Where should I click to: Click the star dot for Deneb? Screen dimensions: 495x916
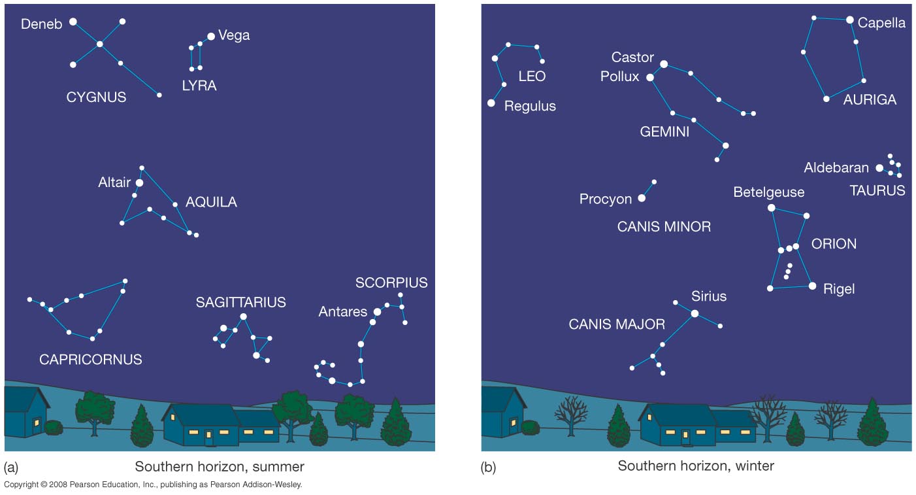pyautogui.click(x=73, y=22)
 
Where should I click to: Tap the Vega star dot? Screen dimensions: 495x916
pyautogui.click(x=211, y=37)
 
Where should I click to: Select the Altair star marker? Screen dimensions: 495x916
pyautogui.click(x=139, y=183)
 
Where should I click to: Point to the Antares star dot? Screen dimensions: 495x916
pyautogui.click(x=377, y=312)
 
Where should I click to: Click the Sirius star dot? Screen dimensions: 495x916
pyautogui.click(x=695, y=314)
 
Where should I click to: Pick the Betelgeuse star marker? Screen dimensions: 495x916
pyautogui.click(x=771, y=208)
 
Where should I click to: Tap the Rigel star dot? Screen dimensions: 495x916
pyautogui.click(x=812, y=286)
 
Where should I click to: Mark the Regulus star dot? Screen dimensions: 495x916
pyautogui.click(x=491, y=103)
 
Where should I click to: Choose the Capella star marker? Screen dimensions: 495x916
pyautogui.click(x=849, y=20)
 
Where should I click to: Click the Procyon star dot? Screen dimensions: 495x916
pyautogui.click(x=642, y=198)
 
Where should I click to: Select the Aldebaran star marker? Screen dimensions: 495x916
pyautogui.click(x=879, y=168)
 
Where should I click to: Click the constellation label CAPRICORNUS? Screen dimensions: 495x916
pyautogui.click(x=90, y=360)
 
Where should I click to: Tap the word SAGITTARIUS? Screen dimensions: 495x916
pyautogui.click(x=240, y=302)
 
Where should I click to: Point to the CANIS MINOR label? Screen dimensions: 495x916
pyautogui.click(x=664, y=227)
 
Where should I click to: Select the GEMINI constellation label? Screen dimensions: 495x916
pyautogui.click(x=664, y=132)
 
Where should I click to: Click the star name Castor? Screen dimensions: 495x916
pyautogui.click(x=632, y=58)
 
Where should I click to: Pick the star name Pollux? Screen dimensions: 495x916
pyautogui.click(x=619, y=77)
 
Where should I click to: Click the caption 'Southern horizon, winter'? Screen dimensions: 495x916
pyautogui.click(x=696, y=466)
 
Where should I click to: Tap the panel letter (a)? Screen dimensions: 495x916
pyautogui.click(x=11, y=467)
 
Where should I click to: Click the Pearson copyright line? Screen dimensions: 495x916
pyautogui.click(x=153, y=485)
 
